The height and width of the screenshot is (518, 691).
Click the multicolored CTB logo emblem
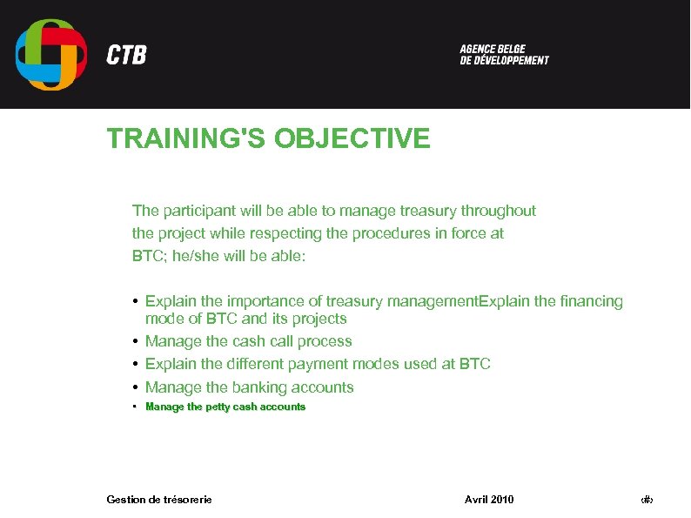[x=50, y=54]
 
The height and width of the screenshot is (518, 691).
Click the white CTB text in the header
[x=126, y=56]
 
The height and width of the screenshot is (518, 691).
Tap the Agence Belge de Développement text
[x=504, y=55]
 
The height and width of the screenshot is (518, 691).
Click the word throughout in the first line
[x=498, y=211]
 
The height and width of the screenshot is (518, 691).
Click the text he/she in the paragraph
[x=187, y=257]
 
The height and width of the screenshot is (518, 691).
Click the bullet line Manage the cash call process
[x=248, y=341]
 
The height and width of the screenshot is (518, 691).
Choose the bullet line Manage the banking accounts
[x=249, y=387]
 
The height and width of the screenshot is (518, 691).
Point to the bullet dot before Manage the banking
[x=137, y=387]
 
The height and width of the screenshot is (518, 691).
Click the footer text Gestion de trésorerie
[x=158, y=499]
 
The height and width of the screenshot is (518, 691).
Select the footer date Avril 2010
[x=489, y=499]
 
